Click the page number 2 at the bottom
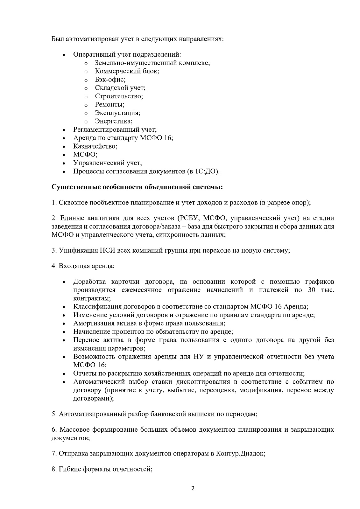point(193,488)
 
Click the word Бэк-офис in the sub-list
point(110,80)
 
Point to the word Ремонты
point(109,104)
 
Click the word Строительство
point(118,96)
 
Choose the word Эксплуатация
point(117,113)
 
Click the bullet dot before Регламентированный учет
point(64,130)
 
